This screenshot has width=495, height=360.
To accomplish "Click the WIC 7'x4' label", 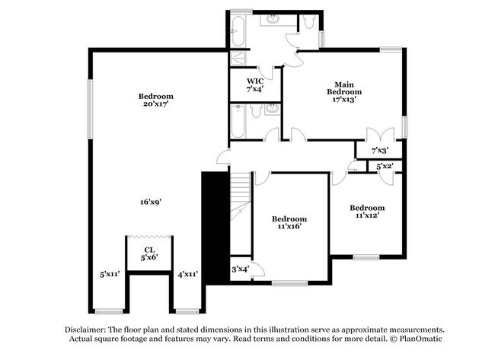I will [x=254, y=84].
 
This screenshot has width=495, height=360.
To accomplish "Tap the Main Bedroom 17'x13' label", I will [x=339, y=91].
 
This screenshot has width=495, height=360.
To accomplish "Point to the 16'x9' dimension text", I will [x=150, y=202].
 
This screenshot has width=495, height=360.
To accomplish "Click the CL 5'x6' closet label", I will [x=149, y=253].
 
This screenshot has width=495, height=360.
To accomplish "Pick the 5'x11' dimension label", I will [x=111, y=274].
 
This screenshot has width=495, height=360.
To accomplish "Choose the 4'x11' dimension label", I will [x=187, y=274].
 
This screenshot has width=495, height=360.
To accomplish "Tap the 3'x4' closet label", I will [x=240, y=269].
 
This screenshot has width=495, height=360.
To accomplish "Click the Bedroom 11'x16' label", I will [x=289, y=222].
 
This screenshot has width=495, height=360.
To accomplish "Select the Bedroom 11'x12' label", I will [x=366, y=212].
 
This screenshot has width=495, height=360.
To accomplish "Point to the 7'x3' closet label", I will [x=379, y=151].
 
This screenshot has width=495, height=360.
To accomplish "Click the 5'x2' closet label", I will [x=383, y=166].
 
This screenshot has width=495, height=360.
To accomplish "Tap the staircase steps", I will [x=241, y=198].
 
